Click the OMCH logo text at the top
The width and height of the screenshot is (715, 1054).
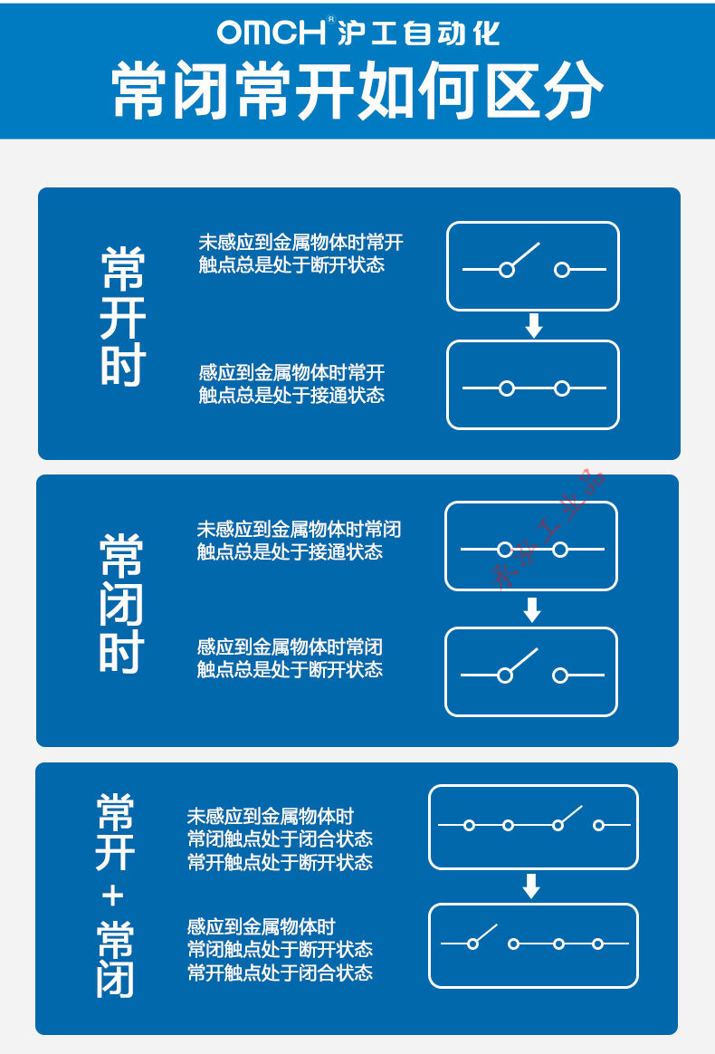point(271,32)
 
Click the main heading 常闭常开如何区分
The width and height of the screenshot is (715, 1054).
point(357,90)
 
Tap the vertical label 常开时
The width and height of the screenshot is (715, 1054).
point(123,317)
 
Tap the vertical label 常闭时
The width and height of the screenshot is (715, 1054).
point(121,604)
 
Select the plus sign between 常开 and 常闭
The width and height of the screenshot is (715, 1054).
point(113,896)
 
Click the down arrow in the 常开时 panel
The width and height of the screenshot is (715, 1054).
point(534,325)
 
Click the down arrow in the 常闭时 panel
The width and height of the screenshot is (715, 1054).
point(532,609)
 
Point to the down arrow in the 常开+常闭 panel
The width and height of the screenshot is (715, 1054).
point(531,886)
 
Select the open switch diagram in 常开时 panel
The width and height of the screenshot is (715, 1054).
point(533,266)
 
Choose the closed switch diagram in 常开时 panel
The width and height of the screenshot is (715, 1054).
point(533,385)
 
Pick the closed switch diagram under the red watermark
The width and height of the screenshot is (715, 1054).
point(531,546)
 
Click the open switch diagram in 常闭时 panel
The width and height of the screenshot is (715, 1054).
point(531,672)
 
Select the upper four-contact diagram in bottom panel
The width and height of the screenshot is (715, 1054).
point(534,827)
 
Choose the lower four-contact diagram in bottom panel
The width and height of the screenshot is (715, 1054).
point(534,945)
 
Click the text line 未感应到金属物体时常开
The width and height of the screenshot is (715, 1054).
point(300,242)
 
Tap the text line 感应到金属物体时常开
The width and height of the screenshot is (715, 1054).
point(291,372)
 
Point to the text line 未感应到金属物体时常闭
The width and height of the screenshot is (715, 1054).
point(299,529)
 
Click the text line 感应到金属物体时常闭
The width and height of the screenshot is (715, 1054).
point(290,647)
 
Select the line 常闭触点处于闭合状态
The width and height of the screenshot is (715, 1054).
point(280,838)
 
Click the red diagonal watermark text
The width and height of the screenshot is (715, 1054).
point(549,528)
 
